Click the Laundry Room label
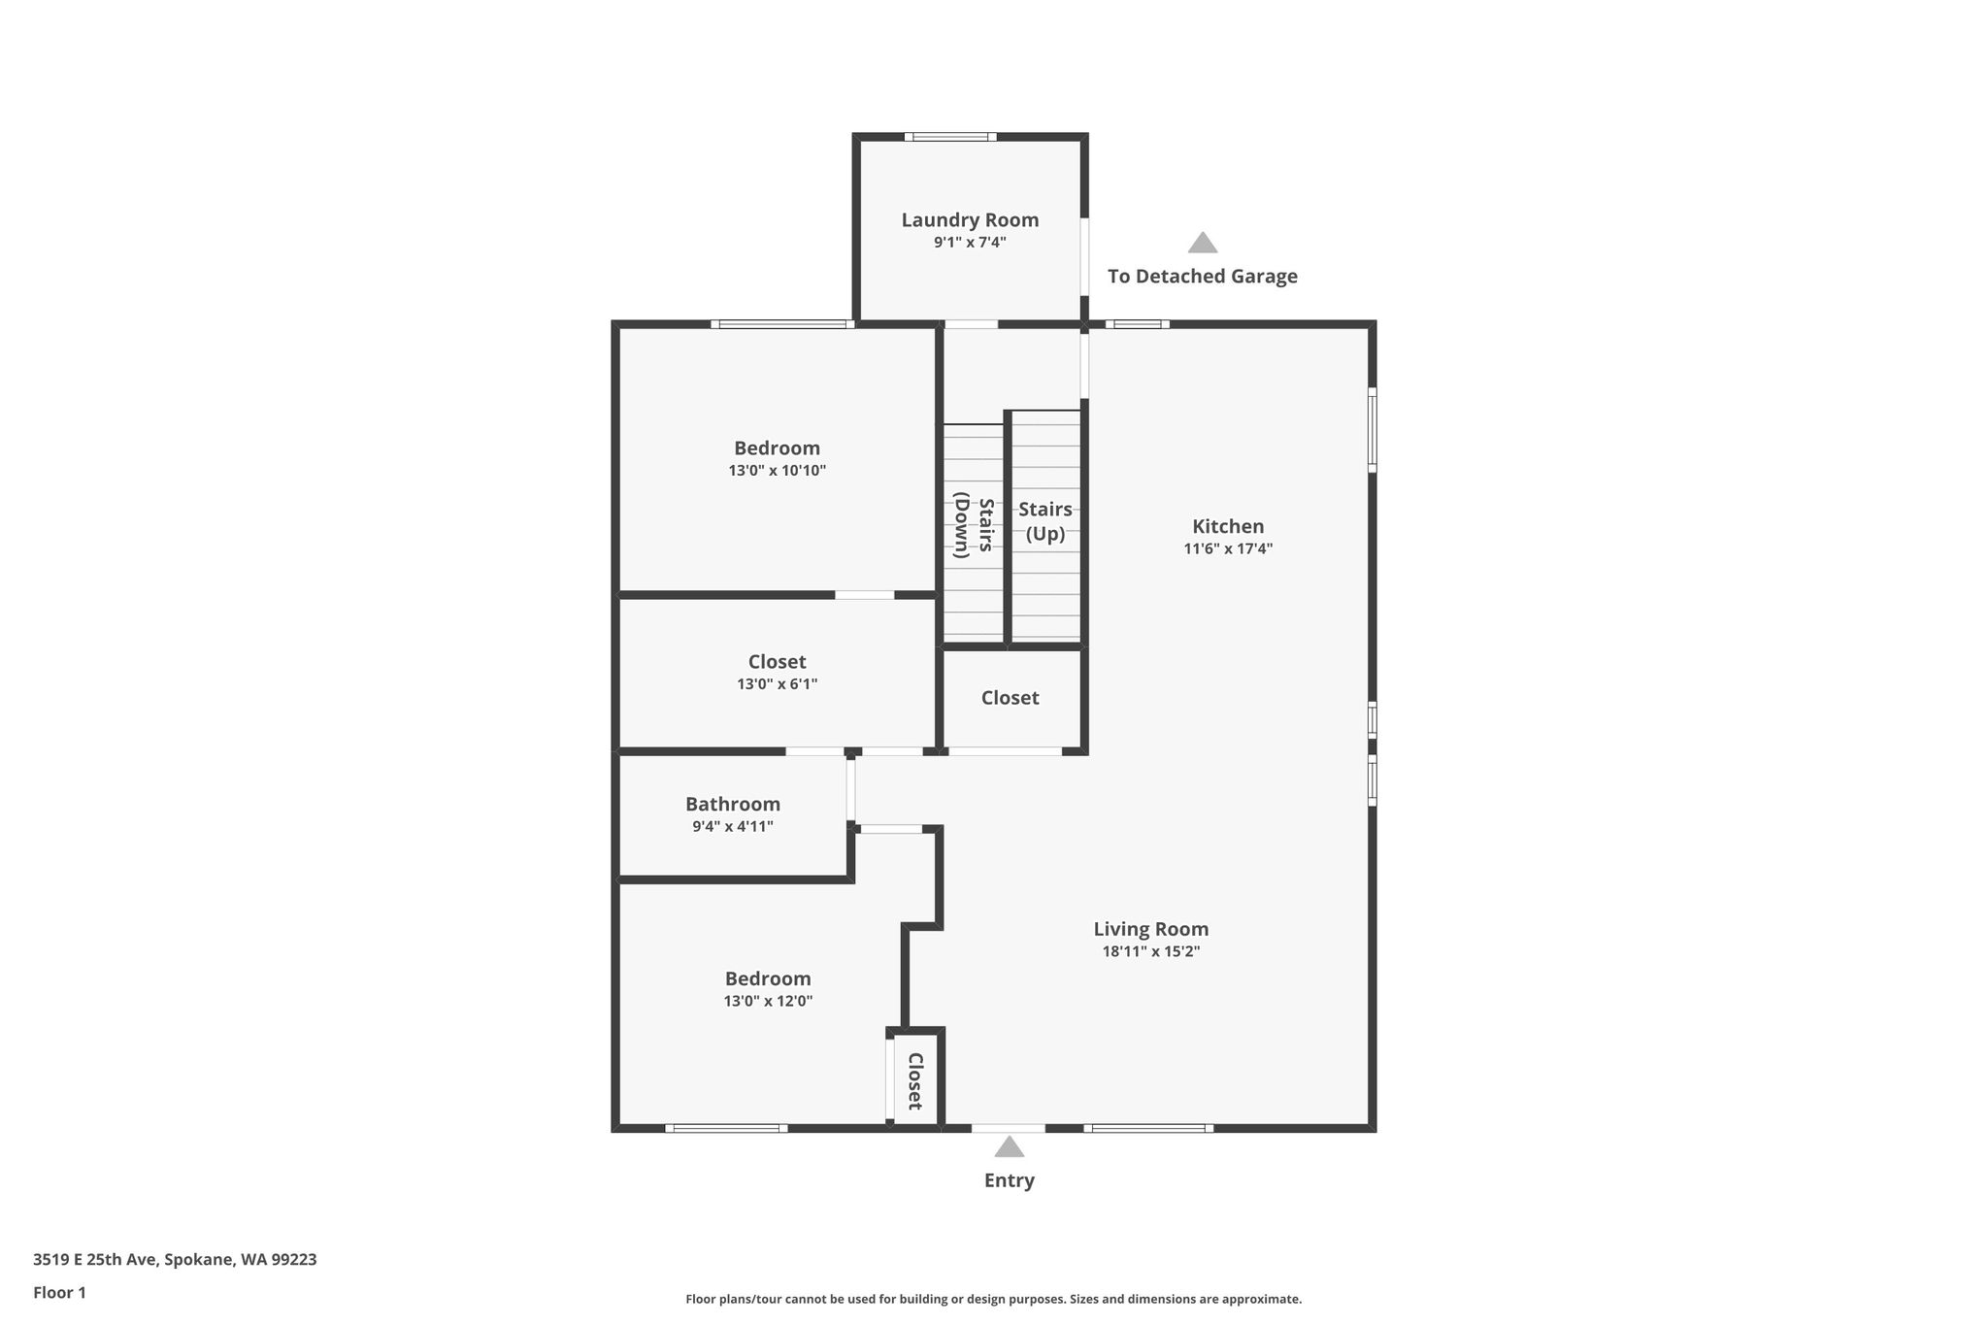[970, 220]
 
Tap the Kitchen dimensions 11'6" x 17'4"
[1228, 548]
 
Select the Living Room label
[1151, 929]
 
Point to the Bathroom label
[733, 804]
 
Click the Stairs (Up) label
[1045, 521]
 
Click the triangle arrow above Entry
[1010, 1146]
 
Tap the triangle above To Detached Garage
[1203, 242]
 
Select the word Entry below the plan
[1010, 1180]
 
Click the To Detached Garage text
[1203, 276]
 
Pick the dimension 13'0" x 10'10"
[778, 471]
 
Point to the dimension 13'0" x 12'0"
[768, 1001]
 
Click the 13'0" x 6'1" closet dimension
[778, 684]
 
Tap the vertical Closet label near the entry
[914, 1081]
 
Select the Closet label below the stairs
[1010, 698]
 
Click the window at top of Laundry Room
[950, 137]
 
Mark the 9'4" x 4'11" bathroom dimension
[733, 827]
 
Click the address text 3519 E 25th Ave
[94, 1259]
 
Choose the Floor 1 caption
[59, 1292]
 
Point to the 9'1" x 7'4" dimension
[970, 243]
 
